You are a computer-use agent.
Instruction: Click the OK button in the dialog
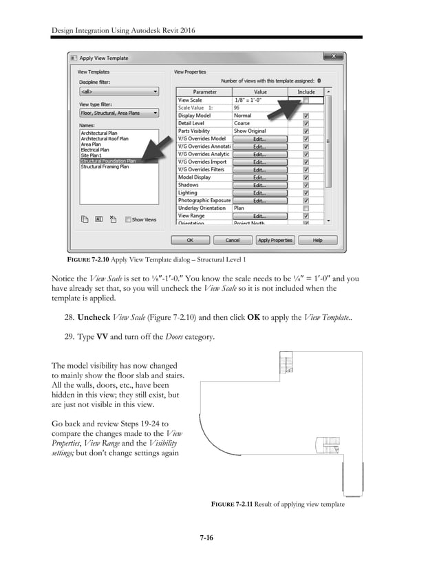(x=190, y=240)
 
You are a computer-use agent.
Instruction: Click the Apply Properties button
(x=275, y=240)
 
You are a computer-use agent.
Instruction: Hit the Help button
(x=317, y=240)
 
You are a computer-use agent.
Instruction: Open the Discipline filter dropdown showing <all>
(x=118, y=91)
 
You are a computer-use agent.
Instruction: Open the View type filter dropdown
(x=118, y=112)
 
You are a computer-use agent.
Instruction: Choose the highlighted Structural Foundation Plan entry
(x=108, y=161)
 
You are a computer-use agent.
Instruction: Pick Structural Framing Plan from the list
(x=105, y=166)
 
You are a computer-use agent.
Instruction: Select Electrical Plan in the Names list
(x=95, y=149)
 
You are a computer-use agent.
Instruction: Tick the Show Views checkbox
(x=129, y=219)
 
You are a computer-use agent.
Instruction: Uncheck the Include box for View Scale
(x=306, y=100)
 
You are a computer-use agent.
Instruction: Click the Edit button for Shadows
(x=259, y=185)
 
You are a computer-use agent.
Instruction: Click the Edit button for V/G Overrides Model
(x=259, y=138)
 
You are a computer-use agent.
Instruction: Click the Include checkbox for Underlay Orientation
(x=306, y=208)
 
